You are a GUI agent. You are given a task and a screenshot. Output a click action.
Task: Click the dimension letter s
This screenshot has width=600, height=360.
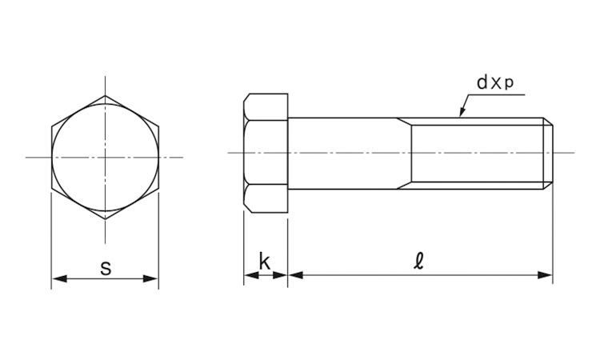coord(106,268)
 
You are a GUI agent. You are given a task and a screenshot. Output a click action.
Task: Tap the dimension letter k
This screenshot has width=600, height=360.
coord(265,262)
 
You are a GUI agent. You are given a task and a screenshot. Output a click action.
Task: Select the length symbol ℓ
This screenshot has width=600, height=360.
coord(419,262)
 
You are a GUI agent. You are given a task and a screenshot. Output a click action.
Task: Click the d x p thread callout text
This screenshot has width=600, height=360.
coord(494,82)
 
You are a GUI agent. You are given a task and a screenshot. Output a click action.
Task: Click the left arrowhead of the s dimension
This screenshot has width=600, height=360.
coord(59,278)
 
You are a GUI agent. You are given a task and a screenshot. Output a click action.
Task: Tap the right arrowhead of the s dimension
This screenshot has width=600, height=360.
coord(150,278)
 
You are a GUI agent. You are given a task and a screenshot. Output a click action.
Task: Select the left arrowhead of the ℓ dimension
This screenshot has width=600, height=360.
coord(296,274)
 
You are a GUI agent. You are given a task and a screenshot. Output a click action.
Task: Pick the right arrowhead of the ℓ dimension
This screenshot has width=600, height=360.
coord(545,274)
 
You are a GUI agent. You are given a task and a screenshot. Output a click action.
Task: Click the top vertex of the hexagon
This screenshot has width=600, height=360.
coord(106,96)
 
